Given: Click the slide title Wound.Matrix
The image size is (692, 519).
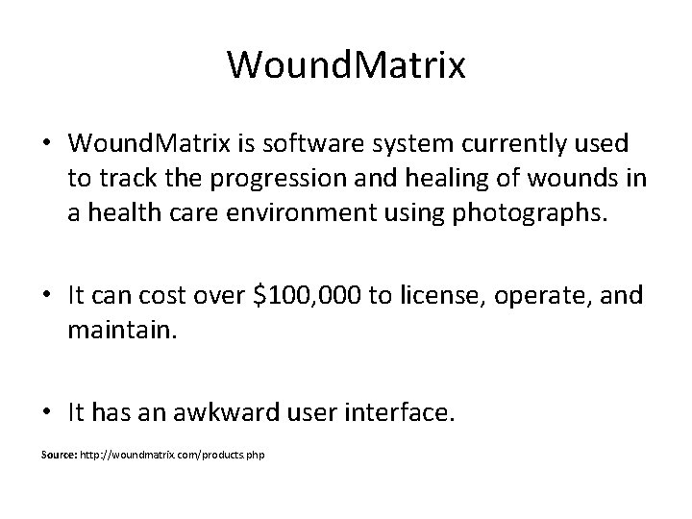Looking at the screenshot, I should point(346,66).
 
